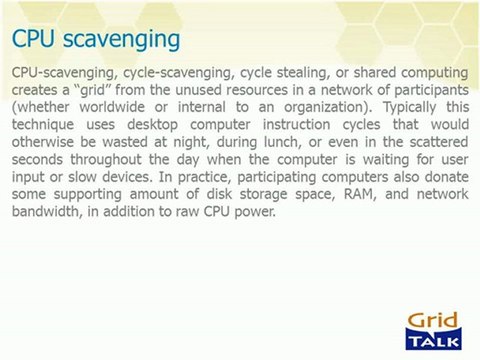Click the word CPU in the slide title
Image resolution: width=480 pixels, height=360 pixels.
click(35, 39)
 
